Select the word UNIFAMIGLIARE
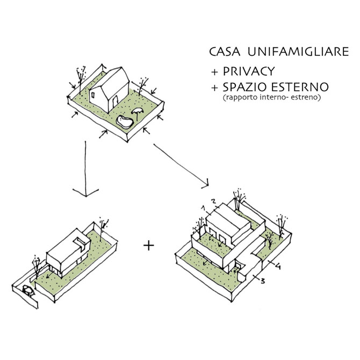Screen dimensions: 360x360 coord(289,52)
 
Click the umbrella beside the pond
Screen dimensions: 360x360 coord(138,112)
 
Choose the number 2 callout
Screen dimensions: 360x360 coord(214,201)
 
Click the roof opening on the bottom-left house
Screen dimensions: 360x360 coord(79,240)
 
